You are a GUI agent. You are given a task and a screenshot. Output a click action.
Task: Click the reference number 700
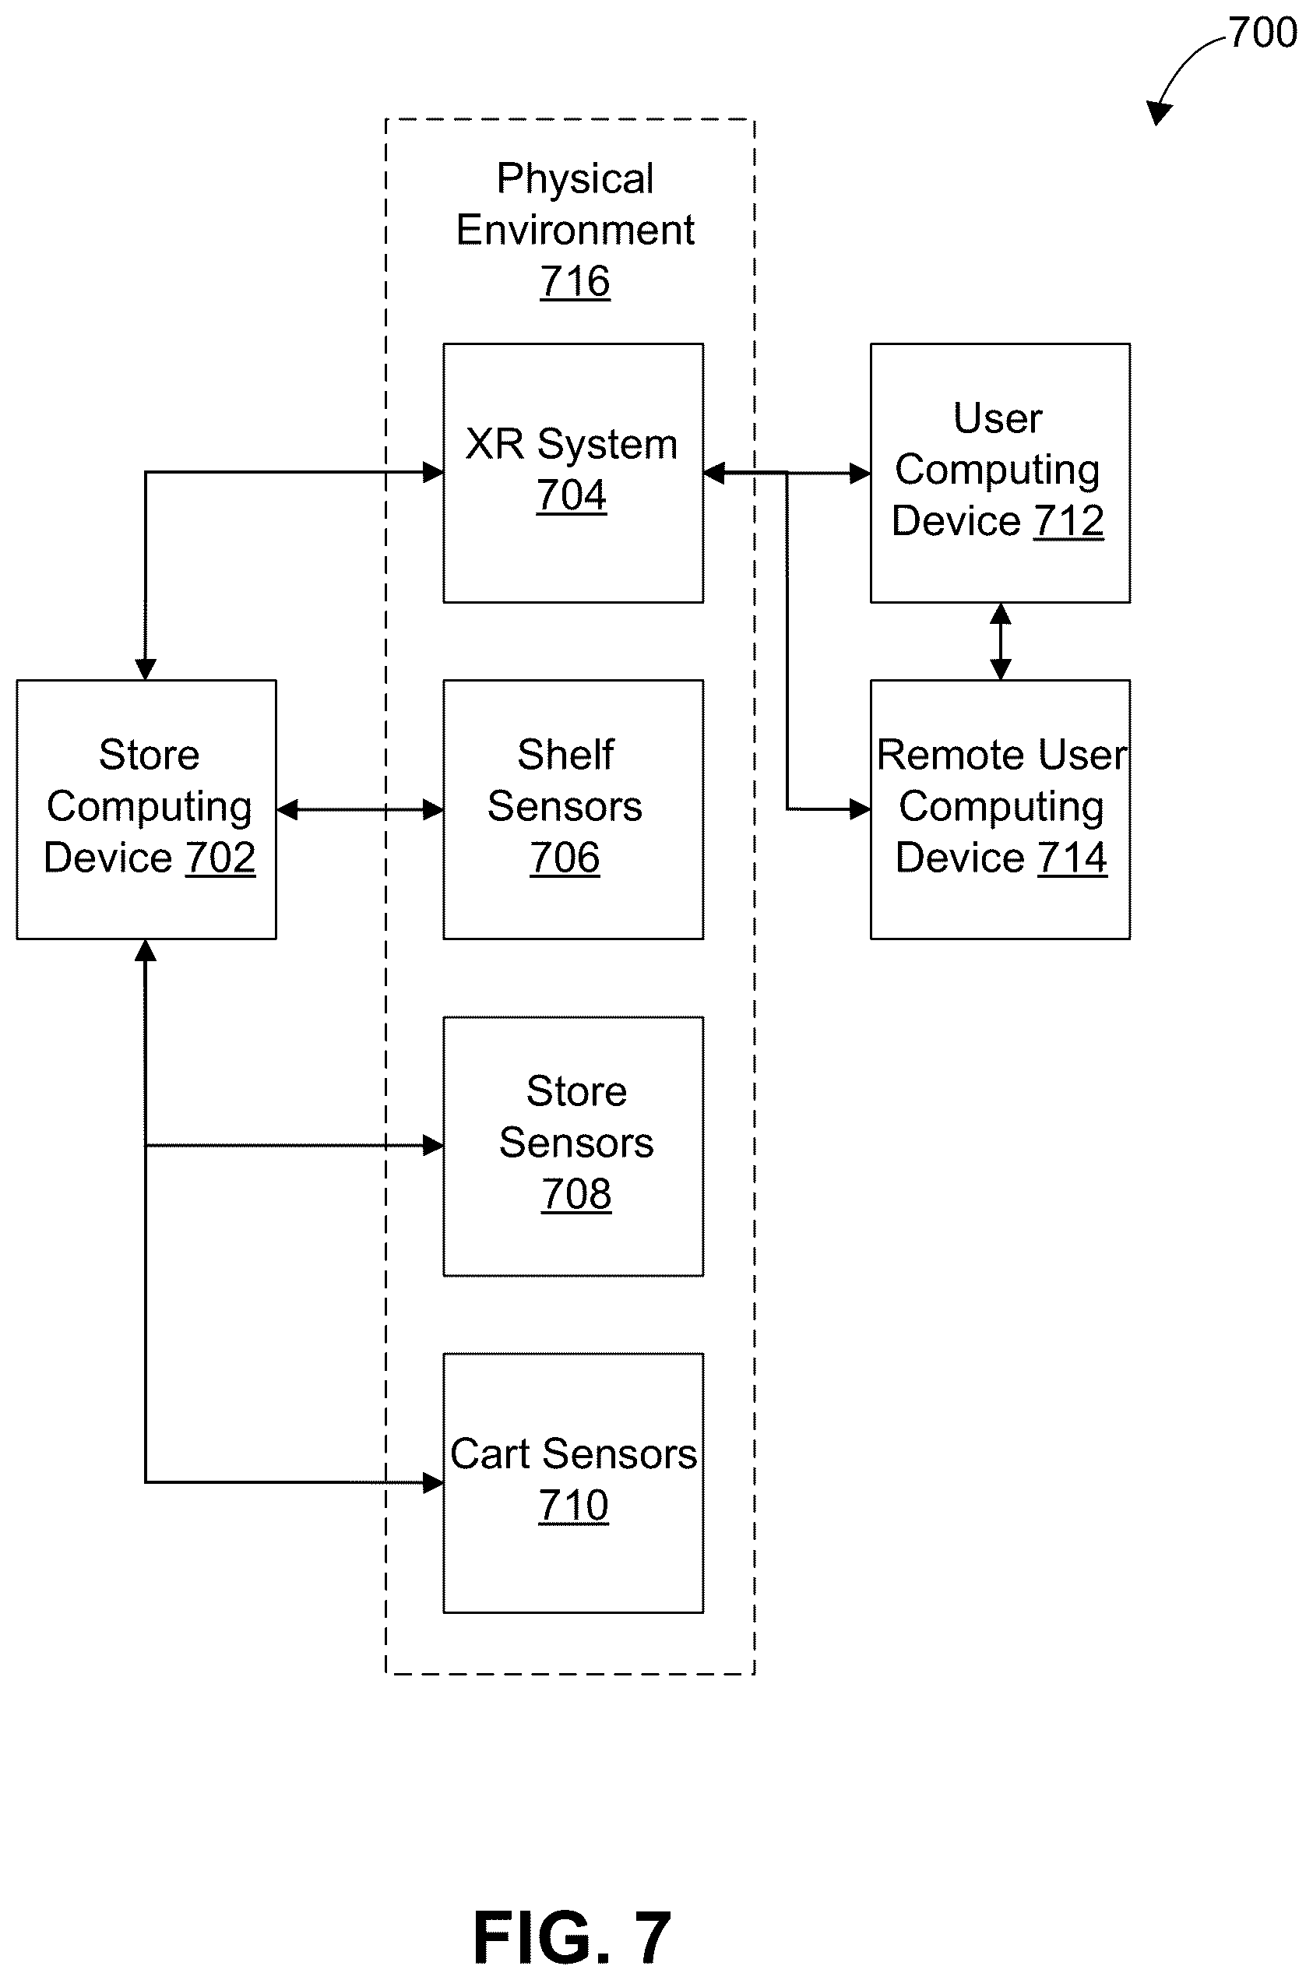click(1262, 33)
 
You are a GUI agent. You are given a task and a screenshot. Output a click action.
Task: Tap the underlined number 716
click(575, 281)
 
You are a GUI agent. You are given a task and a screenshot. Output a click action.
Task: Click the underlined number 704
click(571, 495)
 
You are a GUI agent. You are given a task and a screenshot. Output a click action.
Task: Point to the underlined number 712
click(1068, 521)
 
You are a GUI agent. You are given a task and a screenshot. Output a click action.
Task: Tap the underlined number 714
click(1072, 858)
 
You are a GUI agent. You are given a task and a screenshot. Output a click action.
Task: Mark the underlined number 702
click(220, 858)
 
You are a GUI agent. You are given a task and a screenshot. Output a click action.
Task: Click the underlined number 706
click(565, 858)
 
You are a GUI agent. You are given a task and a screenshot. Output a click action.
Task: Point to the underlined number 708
click(576, 1194)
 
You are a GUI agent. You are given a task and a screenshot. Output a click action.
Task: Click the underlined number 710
click(574, 1506)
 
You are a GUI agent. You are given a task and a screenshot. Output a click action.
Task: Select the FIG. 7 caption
click(572, 1937)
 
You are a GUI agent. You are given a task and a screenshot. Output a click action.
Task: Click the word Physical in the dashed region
click(576, 178)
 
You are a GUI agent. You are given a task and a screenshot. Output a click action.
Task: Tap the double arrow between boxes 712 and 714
click(1000, 642)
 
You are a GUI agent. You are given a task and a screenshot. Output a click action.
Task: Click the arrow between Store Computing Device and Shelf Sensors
click(360, 809)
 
